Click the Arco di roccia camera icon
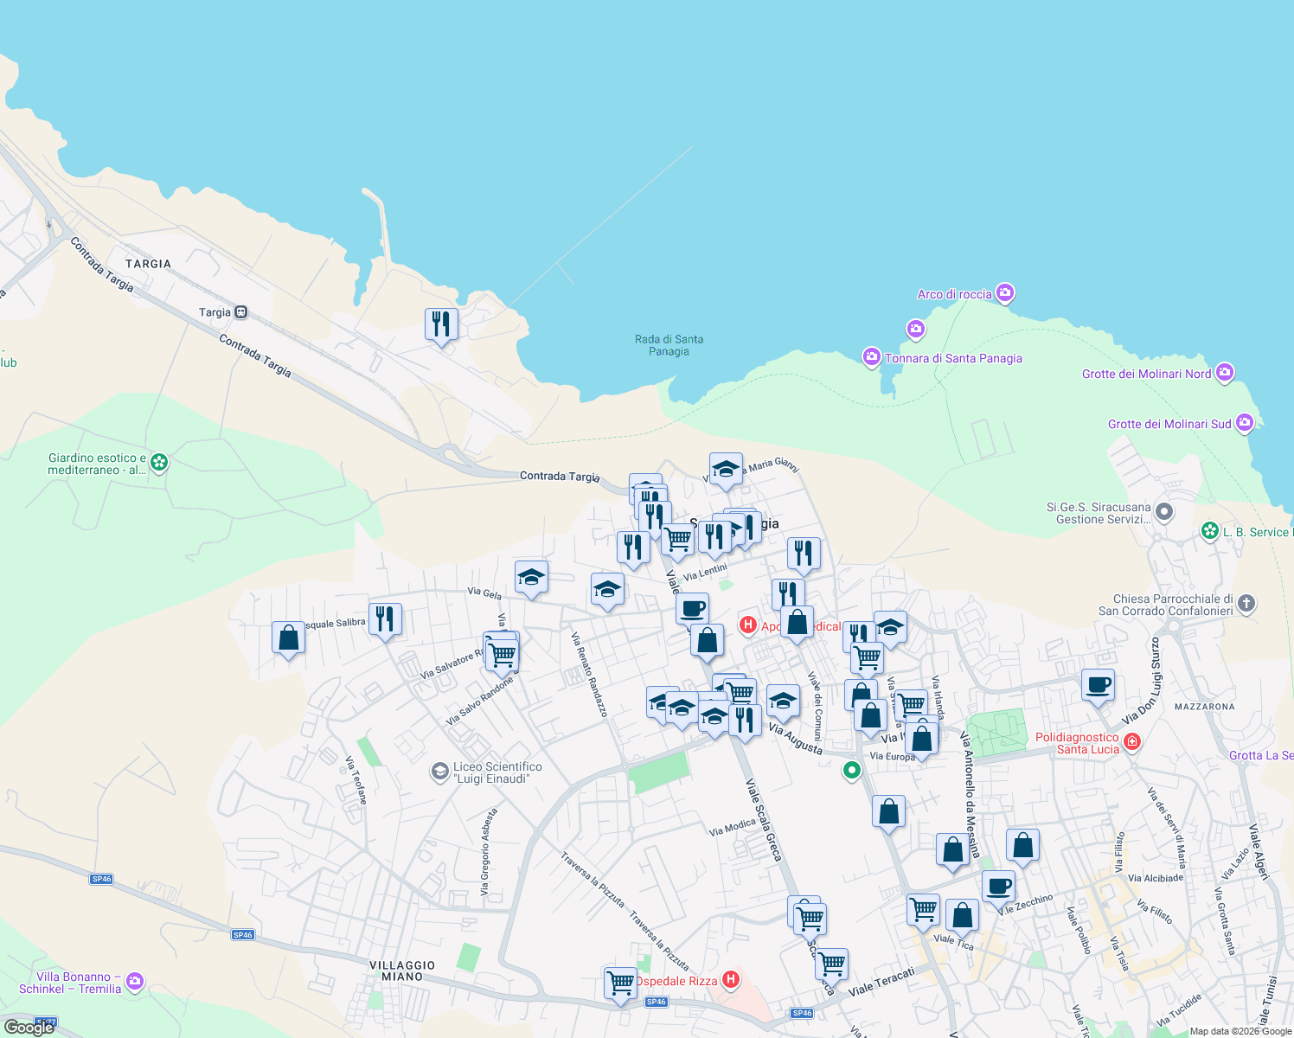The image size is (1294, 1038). (1004, 293)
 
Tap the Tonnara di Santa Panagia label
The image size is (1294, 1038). (953, 358)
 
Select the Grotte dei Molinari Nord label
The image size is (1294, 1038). (1146, 374)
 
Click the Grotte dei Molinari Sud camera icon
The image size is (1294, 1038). (1244, 423)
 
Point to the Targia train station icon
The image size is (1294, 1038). (241, 312)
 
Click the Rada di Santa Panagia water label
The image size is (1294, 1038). (669, 345)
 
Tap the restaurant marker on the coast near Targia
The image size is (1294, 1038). (441, 324)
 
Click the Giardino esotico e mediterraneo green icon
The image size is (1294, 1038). (159, 462)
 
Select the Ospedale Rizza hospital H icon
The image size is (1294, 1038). (731, 980)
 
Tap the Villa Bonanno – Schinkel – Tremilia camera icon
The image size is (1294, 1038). (134, 981)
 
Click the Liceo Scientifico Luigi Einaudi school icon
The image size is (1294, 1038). (440, 771)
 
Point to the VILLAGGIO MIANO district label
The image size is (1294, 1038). (402, 971)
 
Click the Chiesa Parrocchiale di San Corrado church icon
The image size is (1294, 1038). (1246, 604)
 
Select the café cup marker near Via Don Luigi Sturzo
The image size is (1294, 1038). (1098, 685)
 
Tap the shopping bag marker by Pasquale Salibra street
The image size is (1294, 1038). (288, 638)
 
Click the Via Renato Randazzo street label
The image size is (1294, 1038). (589, 675)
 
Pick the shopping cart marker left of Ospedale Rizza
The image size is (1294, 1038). (620, 983)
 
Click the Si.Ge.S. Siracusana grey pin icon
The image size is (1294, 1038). (1164, 512)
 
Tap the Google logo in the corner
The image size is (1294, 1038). (29, 1028)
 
